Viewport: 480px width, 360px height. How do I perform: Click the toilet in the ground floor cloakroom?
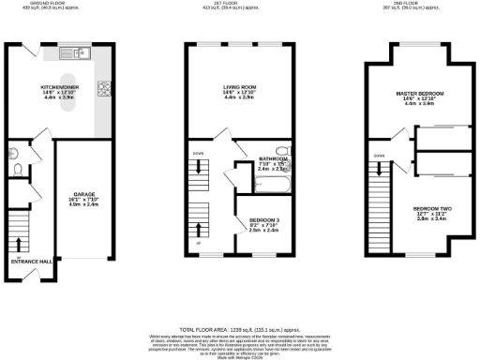click(16, 171)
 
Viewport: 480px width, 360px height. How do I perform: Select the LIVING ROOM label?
click(239, 86)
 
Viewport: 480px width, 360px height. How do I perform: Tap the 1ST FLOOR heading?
click(239, 4)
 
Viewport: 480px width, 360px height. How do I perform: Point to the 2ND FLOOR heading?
click(423, 4)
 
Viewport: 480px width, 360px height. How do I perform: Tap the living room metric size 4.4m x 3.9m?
click(239, 97)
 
